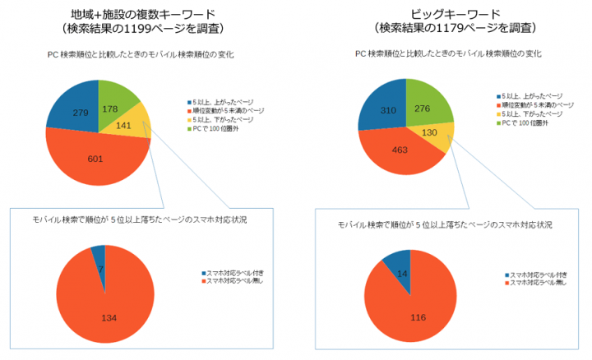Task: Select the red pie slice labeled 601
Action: pos(97,156)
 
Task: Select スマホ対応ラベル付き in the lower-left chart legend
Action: pos(234,272)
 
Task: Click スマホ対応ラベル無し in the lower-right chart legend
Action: pos(538,282)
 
